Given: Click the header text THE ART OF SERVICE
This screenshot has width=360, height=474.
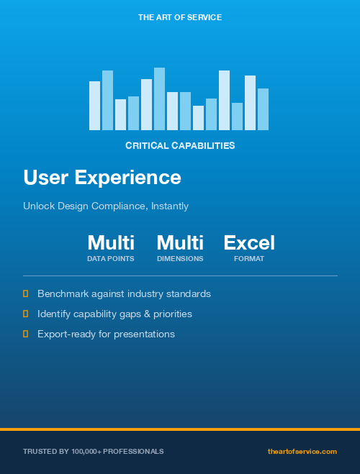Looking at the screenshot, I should click(180, 17).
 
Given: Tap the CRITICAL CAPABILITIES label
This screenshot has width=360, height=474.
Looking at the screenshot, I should click(180, 145).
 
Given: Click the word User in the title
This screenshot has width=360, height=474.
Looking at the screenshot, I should click(46, 177).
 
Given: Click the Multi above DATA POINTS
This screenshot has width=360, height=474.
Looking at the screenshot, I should click(111, 242).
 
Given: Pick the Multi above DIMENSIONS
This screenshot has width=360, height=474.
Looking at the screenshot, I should click(180, 242).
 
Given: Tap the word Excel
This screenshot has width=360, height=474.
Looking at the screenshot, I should click(249, 242).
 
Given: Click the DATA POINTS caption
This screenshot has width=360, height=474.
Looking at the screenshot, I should click(111, 259).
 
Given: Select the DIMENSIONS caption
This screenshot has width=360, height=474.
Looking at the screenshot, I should click(180, 259).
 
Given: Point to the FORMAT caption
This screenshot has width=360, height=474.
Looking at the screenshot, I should click(249, 259).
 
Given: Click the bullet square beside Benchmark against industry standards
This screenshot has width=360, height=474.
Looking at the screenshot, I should click(26, 293).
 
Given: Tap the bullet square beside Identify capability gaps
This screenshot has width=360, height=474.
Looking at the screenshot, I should click(26, 314).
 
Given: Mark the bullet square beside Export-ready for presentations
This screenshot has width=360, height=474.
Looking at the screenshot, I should click(26, 334).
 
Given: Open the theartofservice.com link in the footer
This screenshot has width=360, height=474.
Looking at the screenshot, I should click(302, 452).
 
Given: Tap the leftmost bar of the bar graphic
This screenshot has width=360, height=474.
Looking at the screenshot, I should click(94, 106).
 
